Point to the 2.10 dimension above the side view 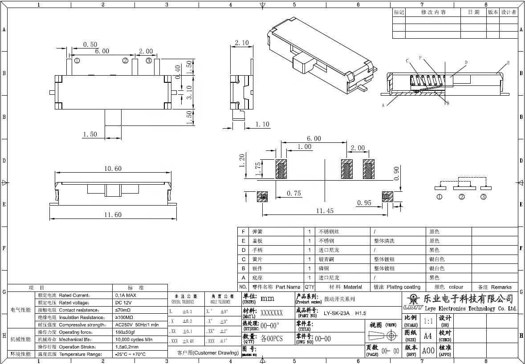pos(241,43)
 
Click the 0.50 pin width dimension pos(90,44)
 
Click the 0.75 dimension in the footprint pos(293,193)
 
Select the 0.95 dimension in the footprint pos(364,203)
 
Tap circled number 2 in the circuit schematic pos(462,197)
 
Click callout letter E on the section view pos(508,63)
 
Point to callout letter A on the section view pos(383,105)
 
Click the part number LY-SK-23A pos(337,313)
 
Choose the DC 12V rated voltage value pos(123,303)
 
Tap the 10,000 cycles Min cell pos(134,340)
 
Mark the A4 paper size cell pos(427,336)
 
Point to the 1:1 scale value pos(428,321)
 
